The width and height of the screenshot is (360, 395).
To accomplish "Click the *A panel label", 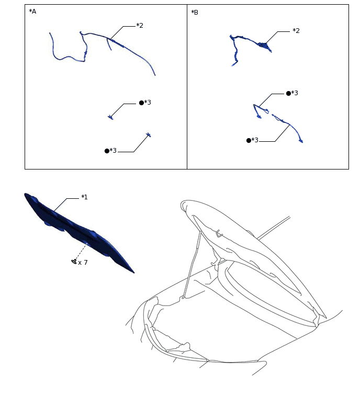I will click(32, 11).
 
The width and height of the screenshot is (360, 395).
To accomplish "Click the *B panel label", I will click(195, 12).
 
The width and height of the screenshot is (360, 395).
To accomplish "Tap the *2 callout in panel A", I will click(139, 26).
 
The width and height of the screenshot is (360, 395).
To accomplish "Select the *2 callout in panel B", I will click(296, 31).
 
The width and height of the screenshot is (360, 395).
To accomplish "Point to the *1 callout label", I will click(84, 197).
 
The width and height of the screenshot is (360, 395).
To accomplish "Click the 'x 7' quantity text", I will click(83, 263).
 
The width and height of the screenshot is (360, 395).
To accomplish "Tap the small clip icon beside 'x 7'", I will click(74, 261).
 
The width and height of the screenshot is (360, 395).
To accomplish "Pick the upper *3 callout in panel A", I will click(147, 103).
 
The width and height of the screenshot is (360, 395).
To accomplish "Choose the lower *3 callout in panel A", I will click(113, 151).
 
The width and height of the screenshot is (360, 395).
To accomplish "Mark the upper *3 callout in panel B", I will click(294, 93).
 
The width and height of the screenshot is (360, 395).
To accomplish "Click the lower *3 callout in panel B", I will click(254, 140).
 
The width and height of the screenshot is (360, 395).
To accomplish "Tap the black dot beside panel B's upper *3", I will click(288, 93).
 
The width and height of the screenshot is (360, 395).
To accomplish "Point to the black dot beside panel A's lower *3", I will click(107, 151).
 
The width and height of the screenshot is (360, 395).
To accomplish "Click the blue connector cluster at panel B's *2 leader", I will click(265, 46).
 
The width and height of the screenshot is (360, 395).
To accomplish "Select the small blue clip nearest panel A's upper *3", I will click(110, 117).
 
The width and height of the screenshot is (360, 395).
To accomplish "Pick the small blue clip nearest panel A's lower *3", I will click(149, 135).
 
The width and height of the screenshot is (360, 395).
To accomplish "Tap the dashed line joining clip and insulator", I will click(81, 251).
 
